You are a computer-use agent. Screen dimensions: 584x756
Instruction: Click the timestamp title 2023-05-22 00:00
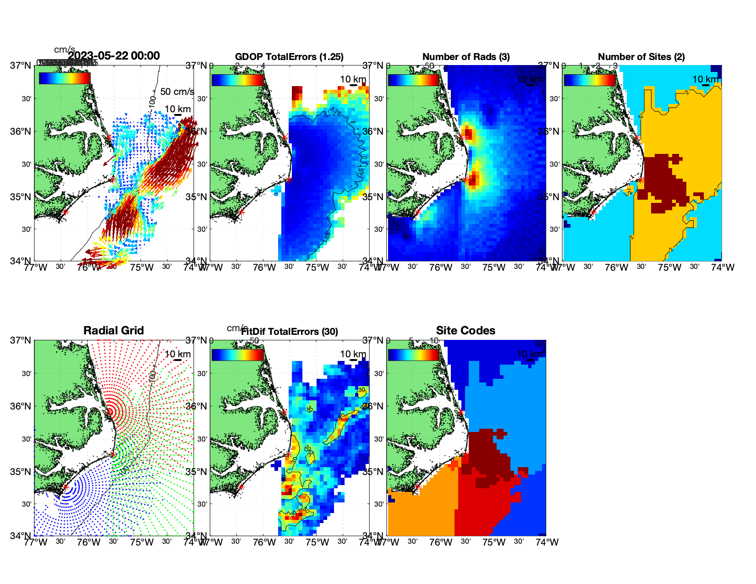pyautogui.click(x=114, y=56)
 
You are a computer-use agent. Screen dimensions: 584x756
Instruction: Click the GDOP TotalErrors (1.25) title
pyautogui.click(x=289, y=57)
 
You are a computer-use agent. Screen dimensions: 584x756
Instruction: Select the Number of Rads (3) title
pyautogui.click(x=466, y=57)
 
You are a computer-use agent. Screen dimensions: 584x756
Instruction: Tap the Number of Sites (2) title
pyautogui.click(x=641, y=57)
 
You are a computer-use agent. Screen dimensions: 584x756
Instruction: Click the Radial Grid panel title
pyautogui.click(x=114, y=331)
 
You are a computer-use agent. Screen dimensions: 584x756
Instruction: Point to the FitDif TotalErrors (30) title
pyautogui.click(x=290, y=332)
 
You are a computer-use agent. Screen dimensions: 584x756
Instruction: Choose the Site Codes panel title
pyautogui.click(x=466, y=331)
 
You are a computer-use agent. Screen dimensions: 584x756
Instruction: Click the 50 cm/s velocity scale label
pyautogui.click(x=177, y=92)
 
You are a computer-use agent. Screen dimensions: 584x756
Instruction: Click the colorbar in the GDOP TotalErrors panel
pyautogui.click(x=237, y=79)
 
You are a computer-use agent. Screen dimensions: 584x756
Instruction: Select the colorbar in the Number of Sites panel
pyautogui.click(x=590, y=79)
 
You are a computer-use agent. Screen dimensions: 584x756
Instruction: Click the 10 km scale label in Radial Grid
pyautogui.click(x=178, y=354)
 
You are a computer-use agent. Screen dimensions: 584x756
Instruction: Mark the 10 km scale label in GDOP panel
pyautogui.click(x=353, y=79)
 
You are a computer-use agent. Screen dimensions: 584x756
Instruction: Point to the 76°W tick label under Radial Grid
pyautogui.click(x=88, y=542)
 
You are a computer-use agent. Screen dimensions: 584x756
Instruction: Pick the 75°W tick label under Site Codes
pyautogui.click(x=493, y=542)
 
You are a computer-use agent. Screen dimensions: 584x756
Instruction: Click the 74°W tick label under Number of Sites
pyautogui.click(x=723, y=267)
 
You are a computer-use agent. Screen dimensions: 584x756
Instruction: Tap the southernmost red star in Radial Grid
pyautogui.click(x=65, y=487)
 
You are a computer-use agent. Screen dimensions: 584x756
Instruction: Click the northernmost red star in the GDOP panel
pyautogui.click(x=285, y=136)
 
